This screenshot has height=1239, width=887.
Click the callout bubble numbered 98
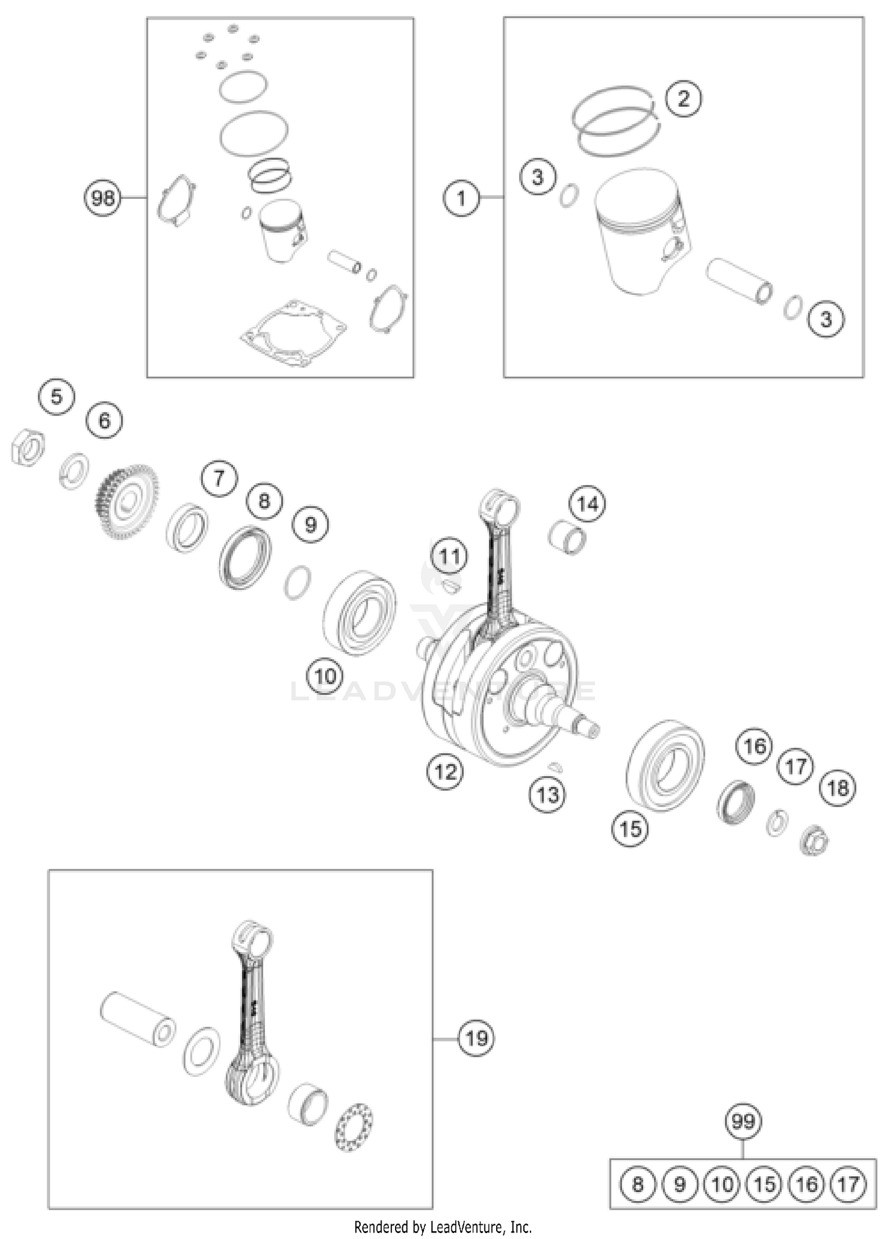click(x=102, y=198)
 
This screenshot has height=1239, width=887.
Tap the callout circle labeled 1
click(x=461, y=198)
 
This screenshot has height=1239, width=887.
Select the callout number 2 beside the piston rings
click(x=683, y=98)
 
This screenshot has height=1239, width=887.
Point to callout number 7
click(x=219, y=477)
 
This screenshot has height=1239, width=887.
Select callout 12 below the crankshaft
click(x=445, y=771)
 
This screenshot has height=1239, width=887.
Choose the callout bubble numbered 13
click(x=547, y=795)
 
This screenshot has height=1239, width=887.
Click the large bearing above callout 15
click(x=665, y=766)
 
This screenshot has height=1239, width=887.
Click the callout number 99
click(x=743, y=1121)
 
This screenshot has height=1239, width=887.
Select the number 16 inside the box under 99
click(x=807, y=1184)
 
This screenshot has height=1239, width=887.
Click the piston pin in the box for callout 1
click(x=740, y=280)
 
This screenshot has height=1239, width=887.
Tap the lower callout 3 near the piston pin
click(x=826, y=320)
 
